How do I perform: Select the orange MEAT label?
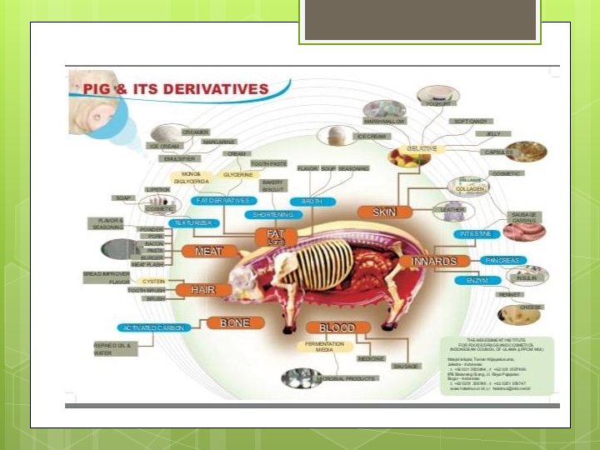coord(207,250)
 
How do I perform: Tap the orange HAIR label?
coord(203,289)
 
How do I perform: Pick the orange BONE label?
coord(235,322)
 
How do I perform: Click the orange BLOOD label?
coord(337,327)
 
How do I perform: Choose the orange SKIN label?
coord(384,212)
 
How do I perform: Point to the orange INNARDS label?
coord(434,261)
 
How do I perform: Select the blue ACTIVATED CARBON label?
coord(154,327)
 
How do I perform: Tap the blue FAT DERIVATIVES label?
coord(222,201)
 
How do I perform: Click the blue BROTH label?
coord(312,202)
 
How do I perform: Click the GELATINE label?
coord(422,148)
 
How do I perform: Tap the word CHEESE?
coord(532,307)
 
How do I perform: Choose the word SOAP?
coord(124,197)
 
